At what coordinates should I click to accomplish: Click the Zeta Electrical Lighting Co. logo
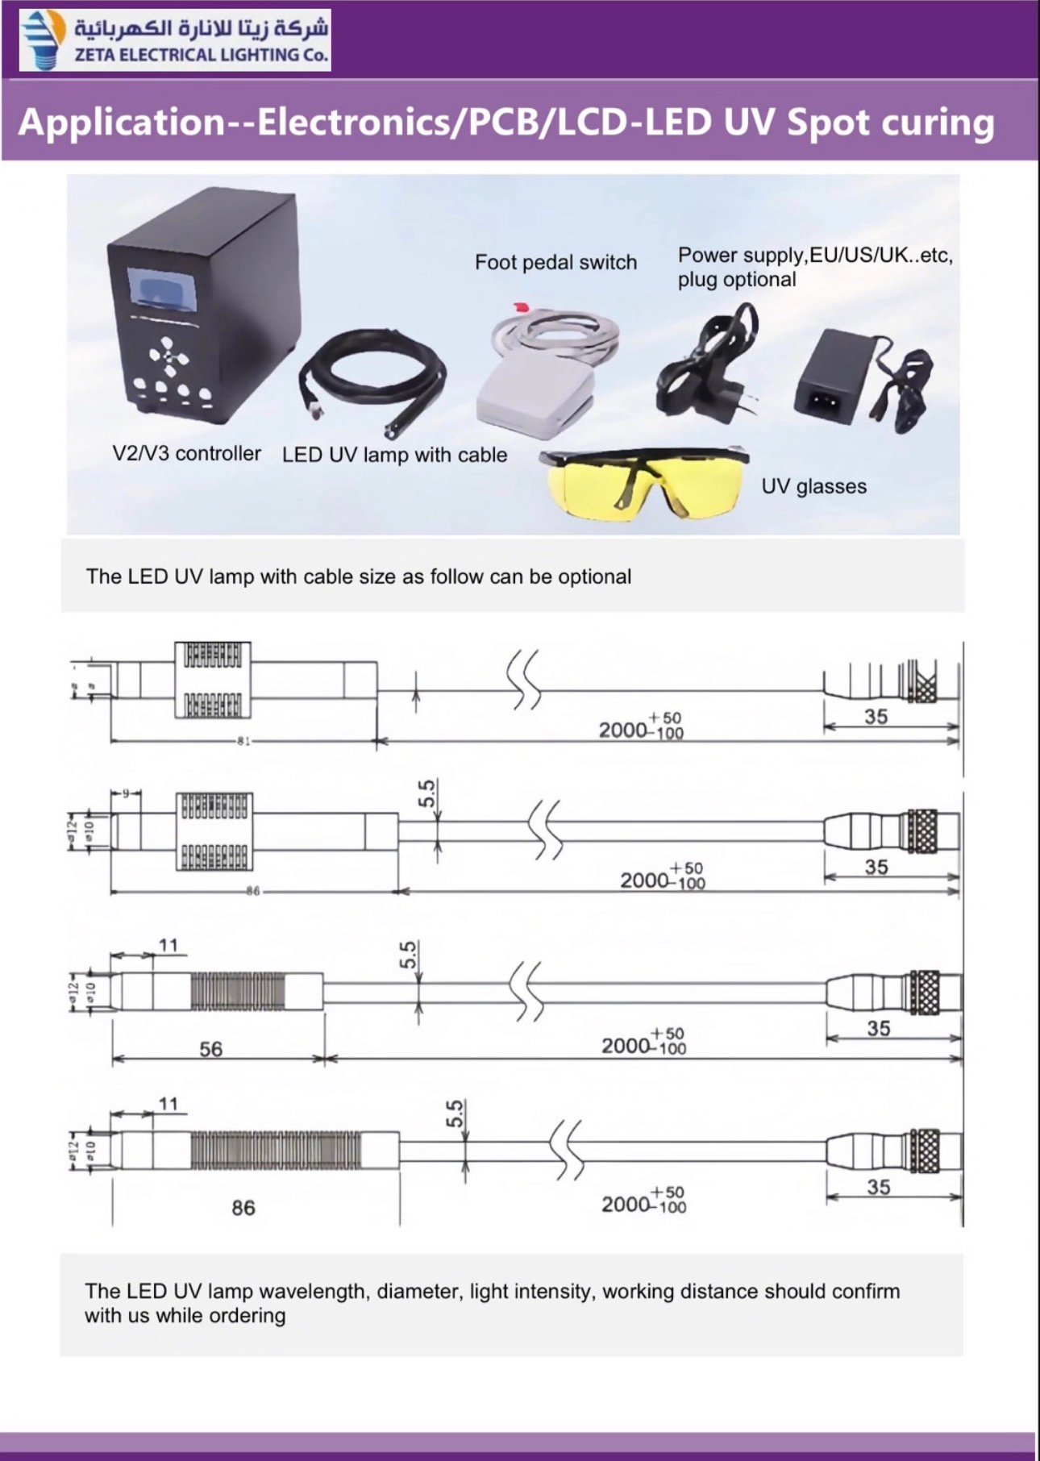click(174, 40)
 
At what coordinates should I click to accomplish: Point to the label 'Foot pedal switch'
click(555, 263)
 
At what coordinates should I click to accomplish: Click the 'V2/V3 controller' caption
click(186, 453)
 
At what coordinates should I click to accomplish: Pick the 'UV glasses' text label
click(813, 486)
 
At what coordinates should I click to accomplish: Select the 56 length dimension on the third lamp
click(210, 1049)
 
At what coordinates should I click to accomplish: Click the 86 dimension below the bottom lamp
click(243, 1208)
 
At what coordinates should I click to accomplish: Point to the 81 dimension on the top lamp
click(243, 740)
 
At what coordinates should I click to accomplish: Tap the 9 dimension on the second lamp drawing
click(126, 793)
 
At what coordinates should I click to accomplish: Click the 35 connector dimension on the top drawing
click(876, 717)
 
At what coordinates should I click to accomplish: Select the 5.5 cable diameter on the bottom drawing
click(456, 1113)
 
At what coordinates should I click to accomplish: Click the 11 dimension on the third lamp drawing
click(168, 945)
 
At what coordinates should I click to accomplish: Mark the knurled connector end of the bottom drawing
click(926, 1150)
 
